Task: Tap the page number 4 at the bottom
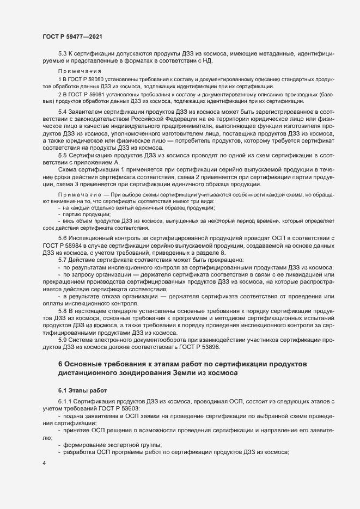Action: [x=44, y=463]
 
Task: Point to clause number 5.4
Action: [x=62, y=112]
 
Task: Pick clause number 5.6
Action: [x=62, y=240]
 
